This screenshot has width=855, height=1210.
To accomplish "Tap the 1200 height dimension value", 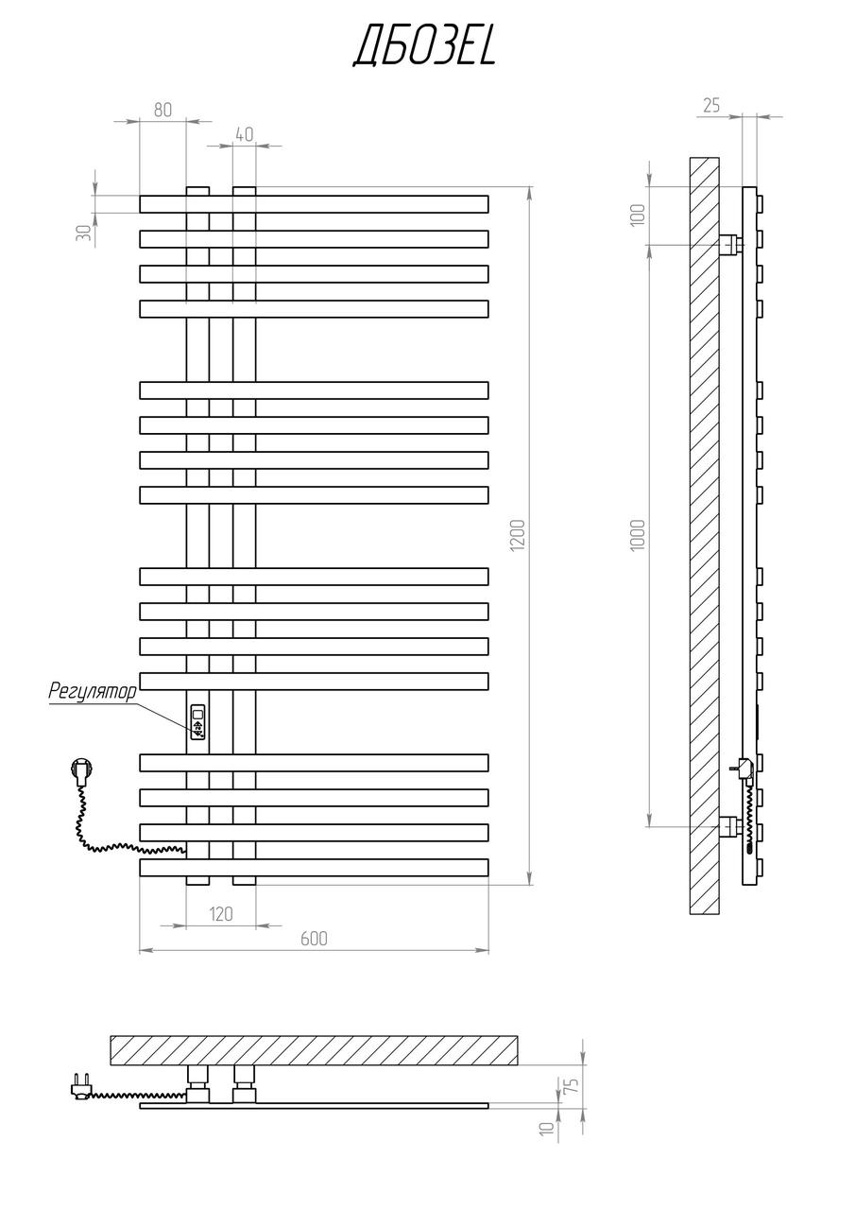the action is tap(517, 535).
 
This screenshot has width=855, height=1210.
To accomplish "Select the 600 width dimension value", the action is tap(315, 939).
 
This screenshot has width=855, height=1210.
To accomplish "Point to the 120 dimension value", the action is tap(221, 914).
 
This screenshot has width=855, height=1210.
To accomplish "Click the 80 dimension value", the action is tap(162, 110).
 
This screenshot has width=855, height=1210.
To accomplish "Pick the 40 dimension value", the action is tap(244, 134).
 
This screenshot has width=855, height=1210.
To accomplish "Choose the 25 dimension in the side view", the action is tap(711, 105).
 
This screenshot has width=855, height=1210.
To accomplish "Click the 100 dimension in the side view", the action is tap(638, 215).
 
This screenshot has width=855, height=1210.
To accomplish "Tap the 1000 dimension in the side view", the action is tap(638, 535).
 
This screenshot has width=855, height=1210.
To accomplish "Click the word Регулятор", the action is tap(93, 691).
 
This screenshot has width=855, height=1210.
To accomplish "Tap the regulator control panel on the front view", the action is tap(198, 722).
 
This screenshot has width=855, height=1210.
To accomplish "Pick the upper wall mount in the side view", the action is tap(731, 245).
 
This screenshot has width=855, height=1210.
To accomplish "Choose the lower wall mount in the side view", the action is tap(731, 826).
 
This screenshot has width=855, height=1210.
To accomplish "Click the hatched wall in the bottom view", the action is tap(315, 1050).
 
